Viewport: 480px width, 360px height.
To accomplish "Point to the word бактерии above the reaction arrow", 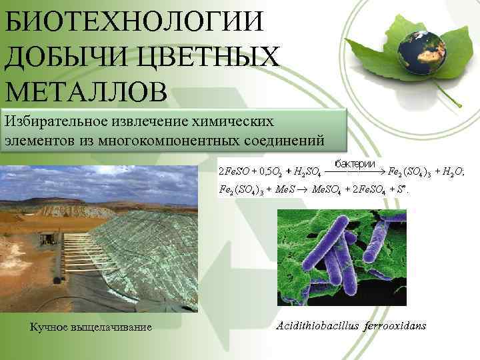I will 357,164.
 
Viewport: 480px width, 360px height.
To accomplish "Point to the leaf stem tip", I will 460,106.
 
